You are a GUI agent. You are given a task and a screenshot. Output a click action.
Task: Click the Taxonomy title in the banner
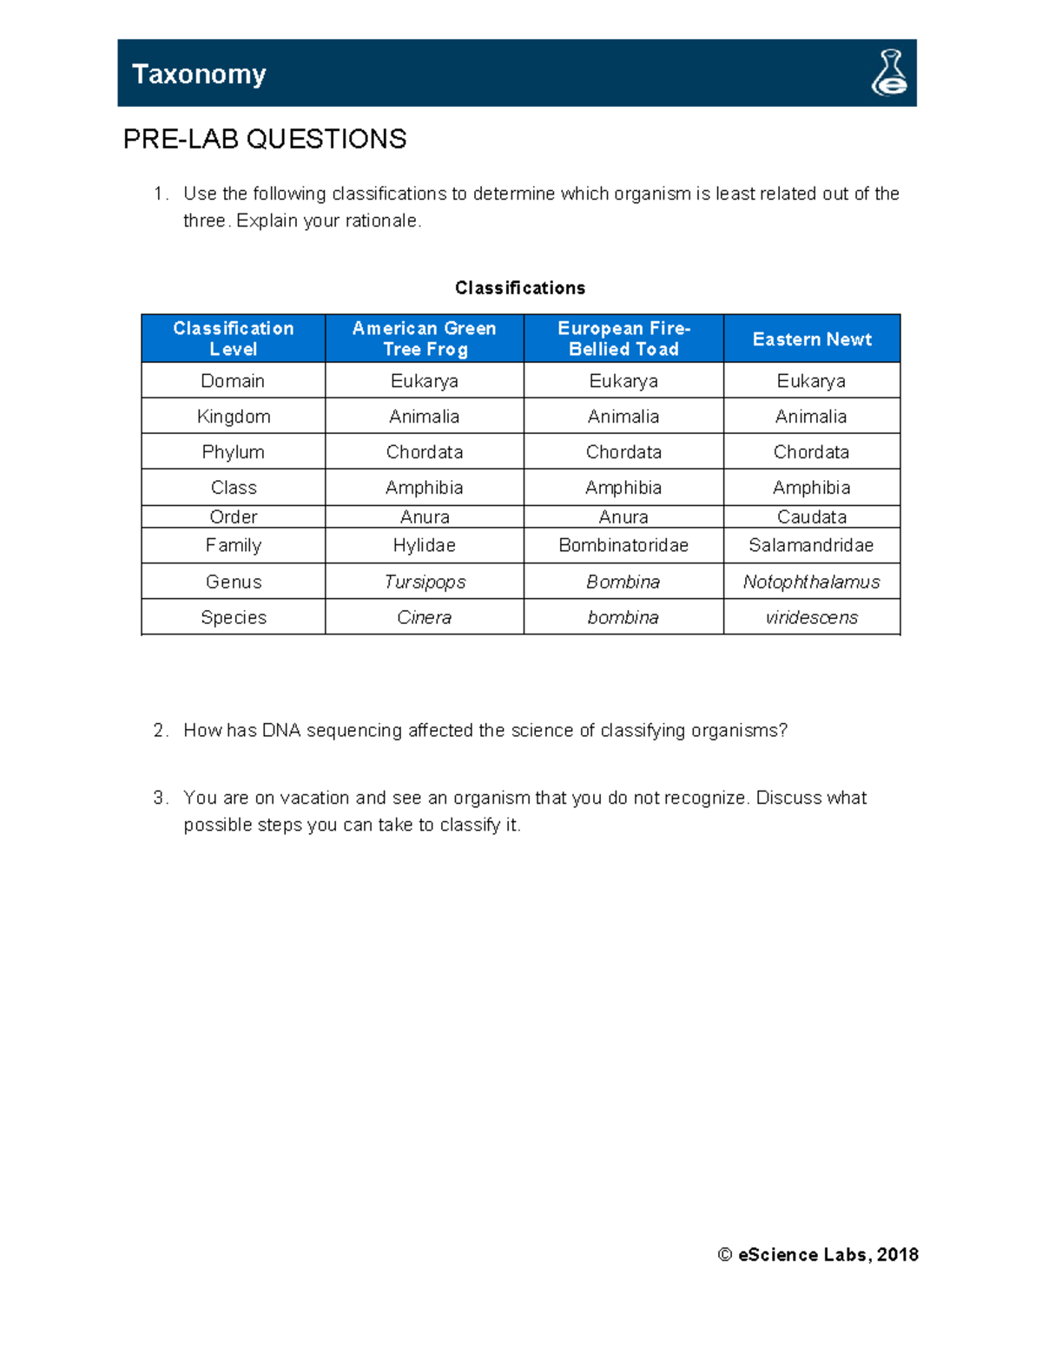click(199, 75)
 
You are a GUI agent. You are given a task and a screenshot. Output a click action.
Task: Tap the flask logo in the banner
click(889, 73)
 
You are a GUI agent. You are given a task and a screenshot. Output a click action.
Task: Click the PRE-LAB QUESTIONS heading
click(265, 139)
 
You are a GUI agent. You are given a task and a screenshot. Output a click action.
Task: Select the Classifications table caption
click(520, 288)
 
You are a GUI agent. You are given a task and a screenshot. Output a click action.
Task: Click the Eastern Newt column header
click(812, 339)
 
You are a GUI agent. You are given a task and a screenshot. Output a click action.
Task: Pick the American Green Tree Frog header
click(425, 339)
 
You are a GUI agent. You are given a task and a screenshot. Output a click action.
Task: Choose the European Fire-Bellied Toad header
click(623, 339)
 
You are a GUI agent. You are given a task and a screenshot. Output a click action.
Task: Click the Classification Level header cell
click(234, 339)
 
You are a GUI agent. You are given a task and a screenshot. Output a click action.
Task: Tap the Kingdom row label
click(234, 417)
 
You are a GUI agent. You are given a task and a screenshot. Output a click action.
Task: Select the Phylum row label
click(234, 452)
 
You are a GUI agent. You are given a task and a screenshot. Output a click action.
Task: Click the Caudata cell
click(812, 517)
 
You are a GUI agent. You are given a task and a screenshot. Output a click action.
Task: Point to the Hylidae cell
click(425, 545)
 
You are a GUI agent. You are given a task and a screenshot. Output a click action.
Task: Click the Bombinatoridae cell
click(623, 545)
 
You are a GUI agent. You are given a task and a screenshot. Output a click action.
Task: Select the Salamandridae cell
click(812, 545)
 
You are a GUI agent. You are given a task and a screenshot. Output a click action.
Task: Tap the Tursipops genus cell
click(425, 582)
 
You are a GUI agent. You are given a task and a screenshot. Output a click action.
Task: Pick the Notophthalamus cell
click(812, 582)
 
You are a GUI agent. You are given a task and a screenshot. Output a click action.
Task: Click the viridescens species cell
click(812, 617)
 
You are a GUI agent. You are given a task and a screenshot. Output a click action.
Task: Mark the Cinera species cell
click(425, 617)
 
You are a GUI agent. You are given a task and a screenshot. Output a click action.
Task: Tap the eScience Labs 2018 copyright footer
click(818, 1254)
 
